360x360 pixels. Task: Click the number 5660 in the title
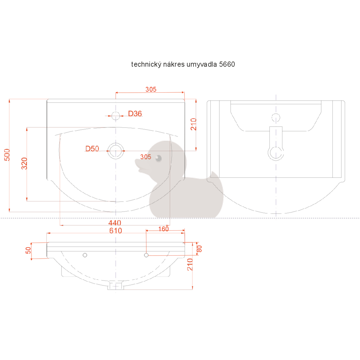(227, 64)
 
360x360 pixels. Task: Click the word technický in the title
(146, 64)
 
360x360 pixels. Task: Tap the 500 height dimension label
(7, 155)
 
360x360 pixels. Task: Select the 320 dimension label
(25, 163)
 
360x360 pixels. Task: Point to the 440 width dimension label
(115, 223)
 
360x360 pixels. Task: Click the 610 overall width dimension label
(115, 231)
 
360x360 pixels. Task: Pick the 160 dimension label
(163, 229)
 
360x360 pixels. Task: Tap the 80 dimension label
(199, 249)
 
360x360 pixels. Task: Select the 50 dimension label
(28, 250)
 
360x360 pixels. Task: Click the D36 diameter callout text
(135, 114)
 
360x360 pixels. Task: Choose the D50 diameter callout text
(92, 149)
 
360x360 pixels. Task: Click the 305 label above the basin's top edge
(151, 89)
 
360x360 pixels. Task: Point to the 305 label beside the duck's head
(146, 157)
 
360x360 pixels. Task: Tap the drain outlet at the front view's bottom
(115, 286)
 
